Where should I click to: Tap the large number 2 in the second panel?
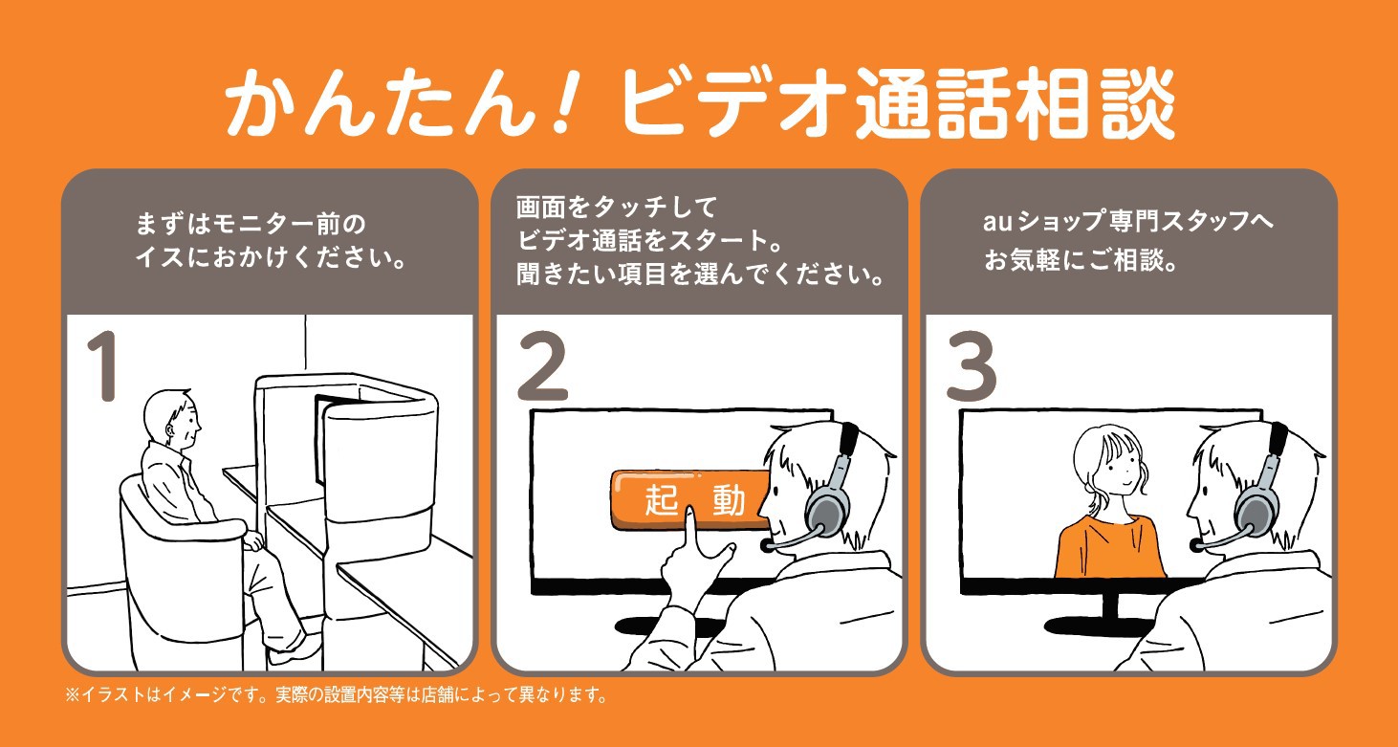click(542, 367)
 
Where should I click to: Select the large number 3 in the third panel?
click(971, 367)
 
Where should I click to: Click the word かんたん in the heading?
click(382, 102)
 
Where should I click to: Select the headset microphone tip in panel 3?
click(1196, 544)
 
